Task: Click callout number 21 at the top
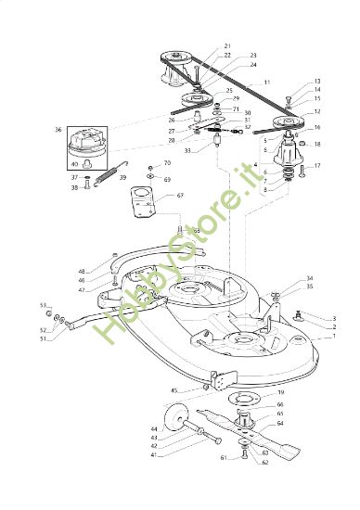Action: [227, 45]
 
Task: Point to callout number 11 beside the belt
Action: [267, 83]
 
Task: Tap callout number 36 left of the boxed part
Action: [58, 130]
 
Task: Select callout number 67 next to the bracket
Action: [181, 196]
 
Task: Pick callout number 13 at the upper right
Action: [316, 82]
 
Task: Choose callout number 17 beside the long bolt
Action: [316, 166]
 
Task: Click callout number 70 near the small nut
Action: [168, 163]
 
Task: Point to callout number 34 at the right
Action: [309, 277]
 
